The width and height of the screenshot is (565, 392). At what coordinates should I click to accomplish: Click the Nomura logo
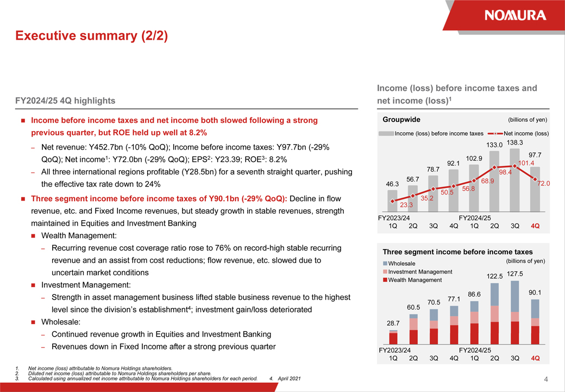click(x=515, y=15)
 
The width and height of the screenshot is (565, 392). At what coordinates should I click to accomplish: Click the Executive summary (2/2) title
click(x=91, y=36)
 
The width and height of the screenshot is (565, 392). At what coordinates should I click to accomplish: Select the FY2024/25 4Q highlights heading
click(x=65, y=101)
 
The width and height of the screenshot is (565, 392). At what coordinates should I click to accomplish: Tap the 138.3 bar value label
click(x=514, y=142)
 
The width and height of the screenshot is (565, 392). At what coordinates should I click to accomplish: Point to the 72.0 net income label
click(x=543, y=183)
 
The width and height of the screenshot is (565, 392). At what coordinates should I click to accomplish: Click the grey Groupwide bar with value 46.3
click(x=392, y=201)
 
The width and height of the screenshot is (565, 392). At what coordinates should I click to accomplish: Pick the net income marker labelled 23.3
click(x=393, y=201)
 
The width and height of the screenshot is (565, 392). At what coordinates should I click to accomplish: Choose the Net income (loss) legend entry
click(x=518, y=133)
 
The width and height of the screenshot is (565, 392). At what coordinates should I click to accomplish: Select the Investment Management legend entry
click(x=417, y=271)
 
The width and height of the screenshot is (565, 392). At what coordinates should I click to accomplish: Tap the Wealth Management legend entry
click(x=412, y=280)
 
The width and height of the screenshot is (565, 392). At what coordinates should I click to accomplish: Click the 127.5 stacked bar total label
click(x=515, y=274)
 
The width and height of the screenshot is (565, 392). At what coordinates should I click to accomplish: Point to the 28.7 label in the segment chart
click(x=393, y=323)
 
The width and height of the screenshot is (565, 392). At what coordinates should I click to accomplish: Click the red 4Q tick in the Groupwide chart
click(x=535, y=226)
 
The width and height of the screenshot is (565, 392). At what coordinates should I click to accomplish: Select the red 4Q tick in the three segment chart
click(x=535, y=358)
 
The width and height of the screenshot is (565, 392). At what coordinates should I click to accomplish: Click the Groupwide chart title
click(x=401, y=120)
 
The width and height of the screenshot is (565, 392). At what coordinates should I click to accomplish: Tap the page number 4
click(x=546, y=379)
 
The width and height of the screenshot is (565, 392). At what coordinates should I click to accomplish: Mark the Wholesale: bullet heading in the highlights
click(x=60, y=322)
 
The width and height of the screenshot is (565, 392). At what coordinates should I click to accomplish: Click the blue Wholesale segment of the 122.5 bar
click(x=495, y=294)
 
